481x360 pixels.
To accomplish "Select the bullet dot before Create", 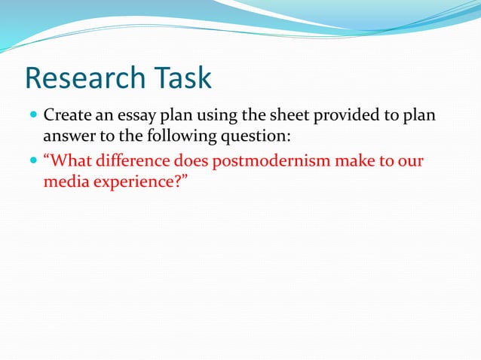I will [32, 117].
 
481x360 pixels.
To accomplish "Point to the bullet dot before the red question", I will [32, 162].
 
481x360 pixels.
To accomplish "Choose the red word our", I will [412, 161].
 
